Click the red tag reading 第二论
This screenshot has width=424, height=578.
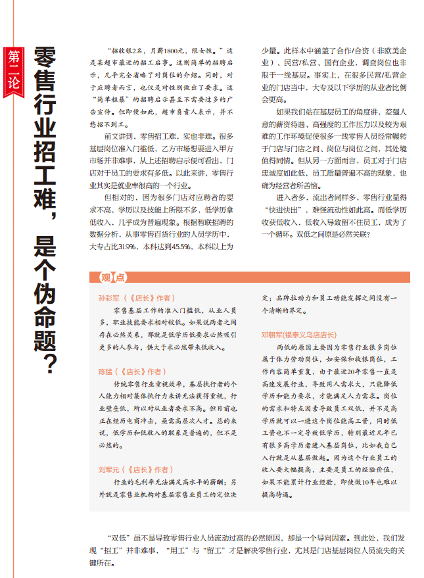pos(14,70)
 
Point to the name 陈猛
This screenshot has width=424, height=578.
pos(105,372)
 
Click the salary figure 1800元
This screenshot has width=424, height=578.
pos(176,51)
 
